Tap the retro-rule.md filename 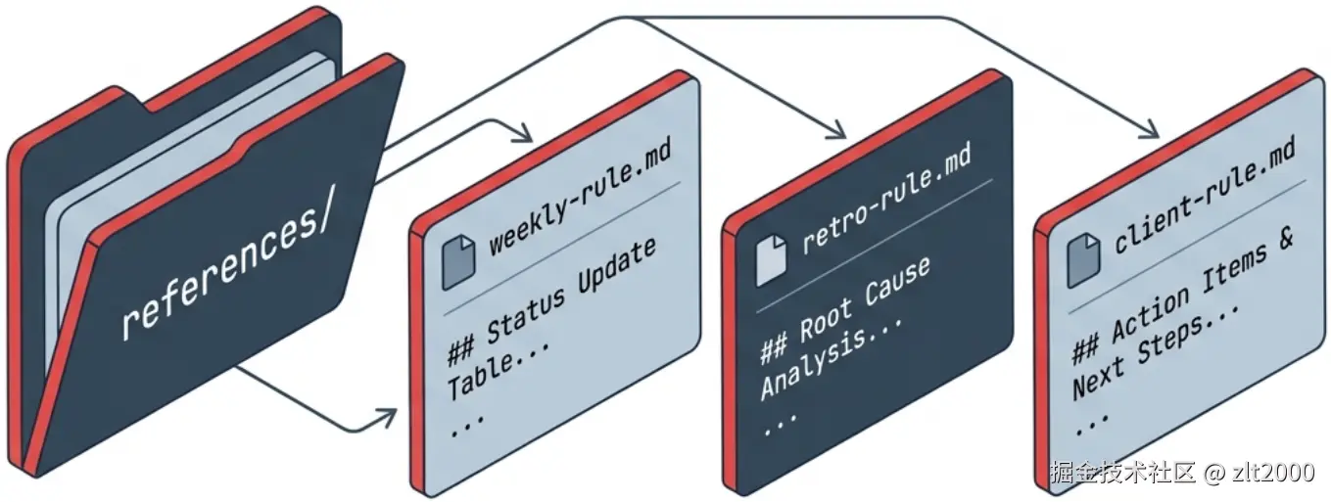[x=886, y=202]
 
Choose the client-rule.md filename [x=1206, y=196]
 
